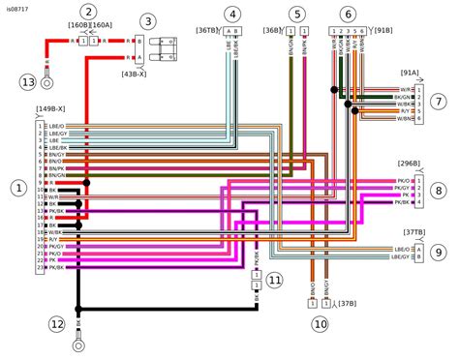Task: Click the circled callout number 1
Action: point(16,188)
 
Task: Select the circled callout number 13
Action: point(27,83)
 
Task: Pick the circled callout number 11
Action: point(274,280)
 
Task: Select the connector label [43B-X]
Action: point(134,74)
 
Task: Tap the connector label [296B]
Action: point(409,164)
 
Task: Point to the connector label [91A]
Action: point(410,73)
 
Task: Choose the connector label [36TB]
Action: point(207,31)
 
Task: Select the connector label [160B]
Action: point(78,25)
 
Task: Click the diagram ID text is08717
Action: point(18,6)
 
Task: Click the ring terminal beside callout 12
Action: point(78,341)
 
